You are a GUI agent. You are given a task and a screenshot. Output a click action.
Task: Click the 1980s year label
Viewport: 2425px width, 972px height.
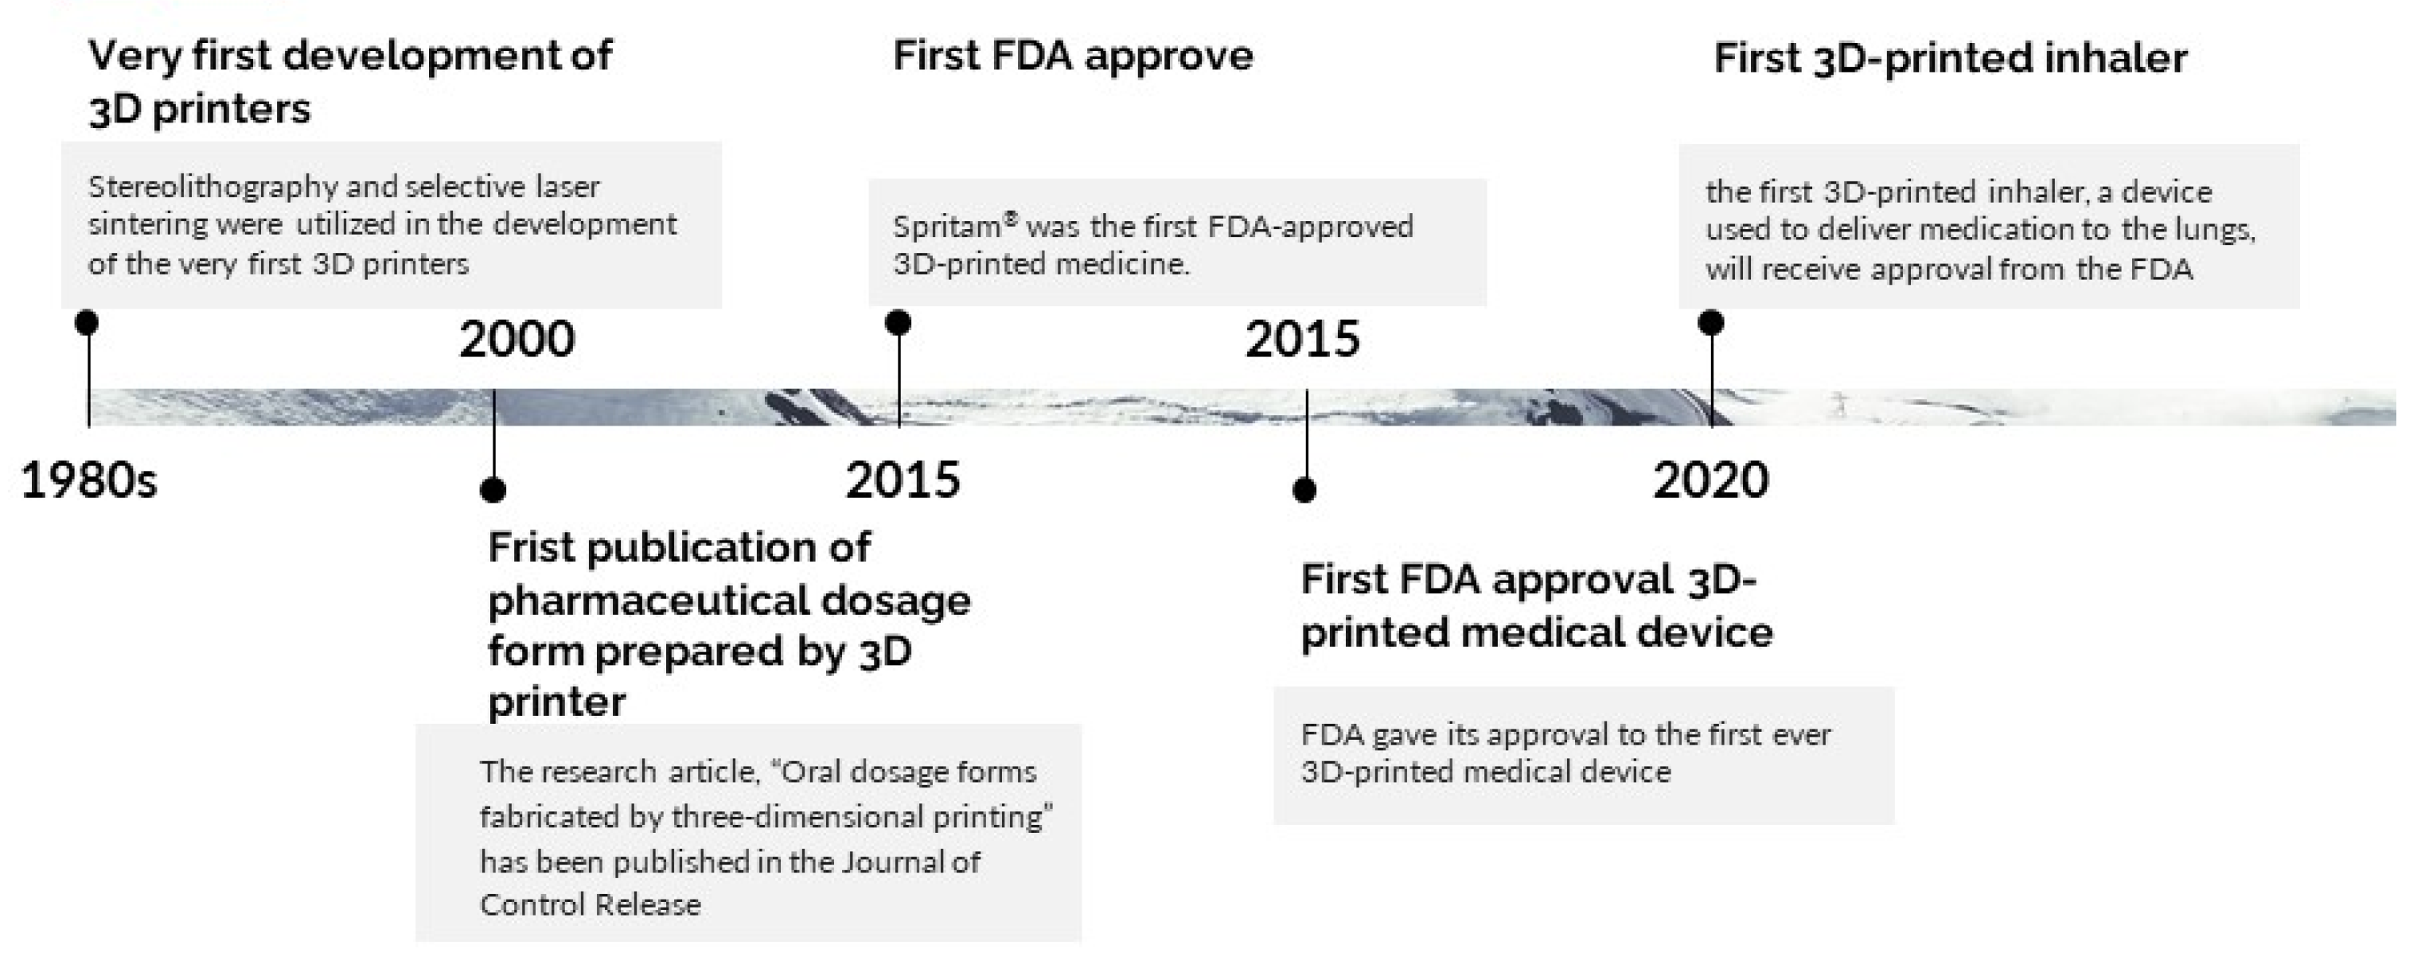pyautogui.click(x=88, y=480)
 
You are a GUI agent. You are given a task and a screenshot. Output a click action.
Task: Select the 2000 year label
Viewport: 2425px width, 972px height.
pyautogui.click(x=517, y=339)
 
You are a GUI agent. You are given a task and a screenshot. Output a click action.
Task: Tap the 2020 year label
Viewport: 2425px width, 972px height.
pyautogui.click(x=1710, y=480)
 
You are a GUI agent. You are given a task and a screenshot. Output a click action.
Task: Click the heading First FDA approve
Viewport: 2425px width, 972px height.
pyautogui.click(x=1072, y=56)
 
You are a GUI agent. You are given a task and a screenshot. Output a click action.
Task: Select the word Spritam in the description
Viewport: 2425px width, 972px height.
pyautogui.click(x=946, y=227)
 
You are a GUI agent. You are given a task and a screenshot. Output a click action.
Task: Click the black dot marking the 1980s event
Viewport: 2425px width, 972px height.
pyautogui.click(x=87, y=323)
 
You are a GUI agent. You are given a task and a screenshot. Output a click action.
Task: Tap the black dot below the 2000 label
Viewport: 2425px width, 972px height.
pyautogui.click(x=493, y=489)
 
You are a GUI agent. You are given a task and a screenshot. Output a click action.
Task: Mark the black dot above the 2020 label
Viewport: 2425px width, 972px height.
pyautogui.click(x=1710, y=323)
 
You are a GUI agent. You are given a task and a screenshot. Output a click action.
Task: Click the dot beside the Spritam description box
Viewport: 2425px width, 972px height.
pyautogui.click(x=898, y=323)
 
